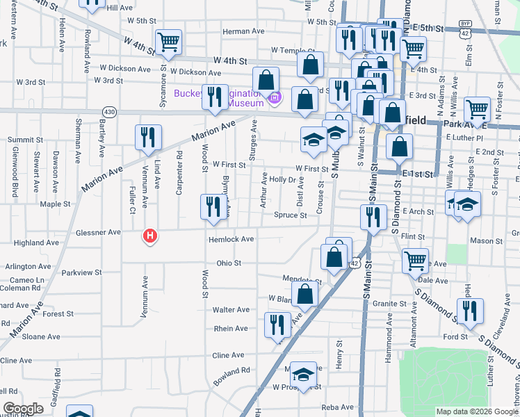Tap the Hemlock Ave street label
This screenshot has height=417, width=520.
pyautogui.click(x=231, y=239)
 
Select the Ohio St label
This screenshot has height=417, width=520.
pyautogui.click(x=229, y=263)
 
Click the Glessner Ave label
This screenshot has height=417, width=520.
pyautogui.click(x=101, y=232)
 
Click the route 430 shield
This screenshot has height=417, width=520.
pyautogui.click(x=110, y=111)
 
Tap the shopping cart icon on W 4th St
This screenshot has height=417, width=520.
pyautogui.click(x=168, y=42)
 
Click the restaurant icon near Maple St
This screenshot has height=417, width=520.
pyautogui.click(x=212, y=206)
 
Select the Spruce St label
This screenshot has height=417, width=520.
pyautogui.click(x=290, y=215)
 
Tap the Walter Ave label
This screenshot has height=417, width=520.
pyautogui.click(x=231, y=310)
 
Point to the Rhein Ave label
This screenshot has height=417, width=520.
pyautogui.click(x=231, y=329)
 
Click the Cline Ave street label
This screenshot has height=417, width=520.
pyautogui.click(x=228, y=354)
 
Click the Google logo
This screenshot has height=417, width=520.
pyautogui.click(x=23, y=409)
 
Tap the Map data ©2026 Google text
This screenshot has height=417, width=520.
pyautogui.click(x=477, y=411)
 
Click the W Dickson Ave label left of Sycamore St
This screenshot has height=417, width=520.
pyautogui.click(x=125, y=69)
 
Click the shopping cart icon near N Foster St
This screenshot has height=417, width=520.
pyautogui.click(x=478, y=109)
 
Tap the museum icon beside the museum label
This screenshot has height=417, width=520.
pyautogui.click(x=274, y=97)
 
